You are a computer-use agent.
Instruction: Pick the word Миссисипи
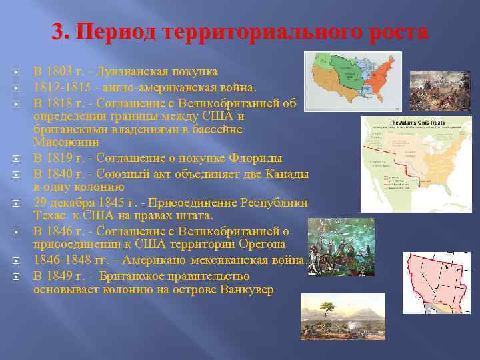(66, 142)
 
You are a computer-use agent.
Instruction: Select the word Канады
(285, 173)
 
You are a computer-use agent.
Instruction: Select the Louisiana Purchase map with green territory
(352, 80)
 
